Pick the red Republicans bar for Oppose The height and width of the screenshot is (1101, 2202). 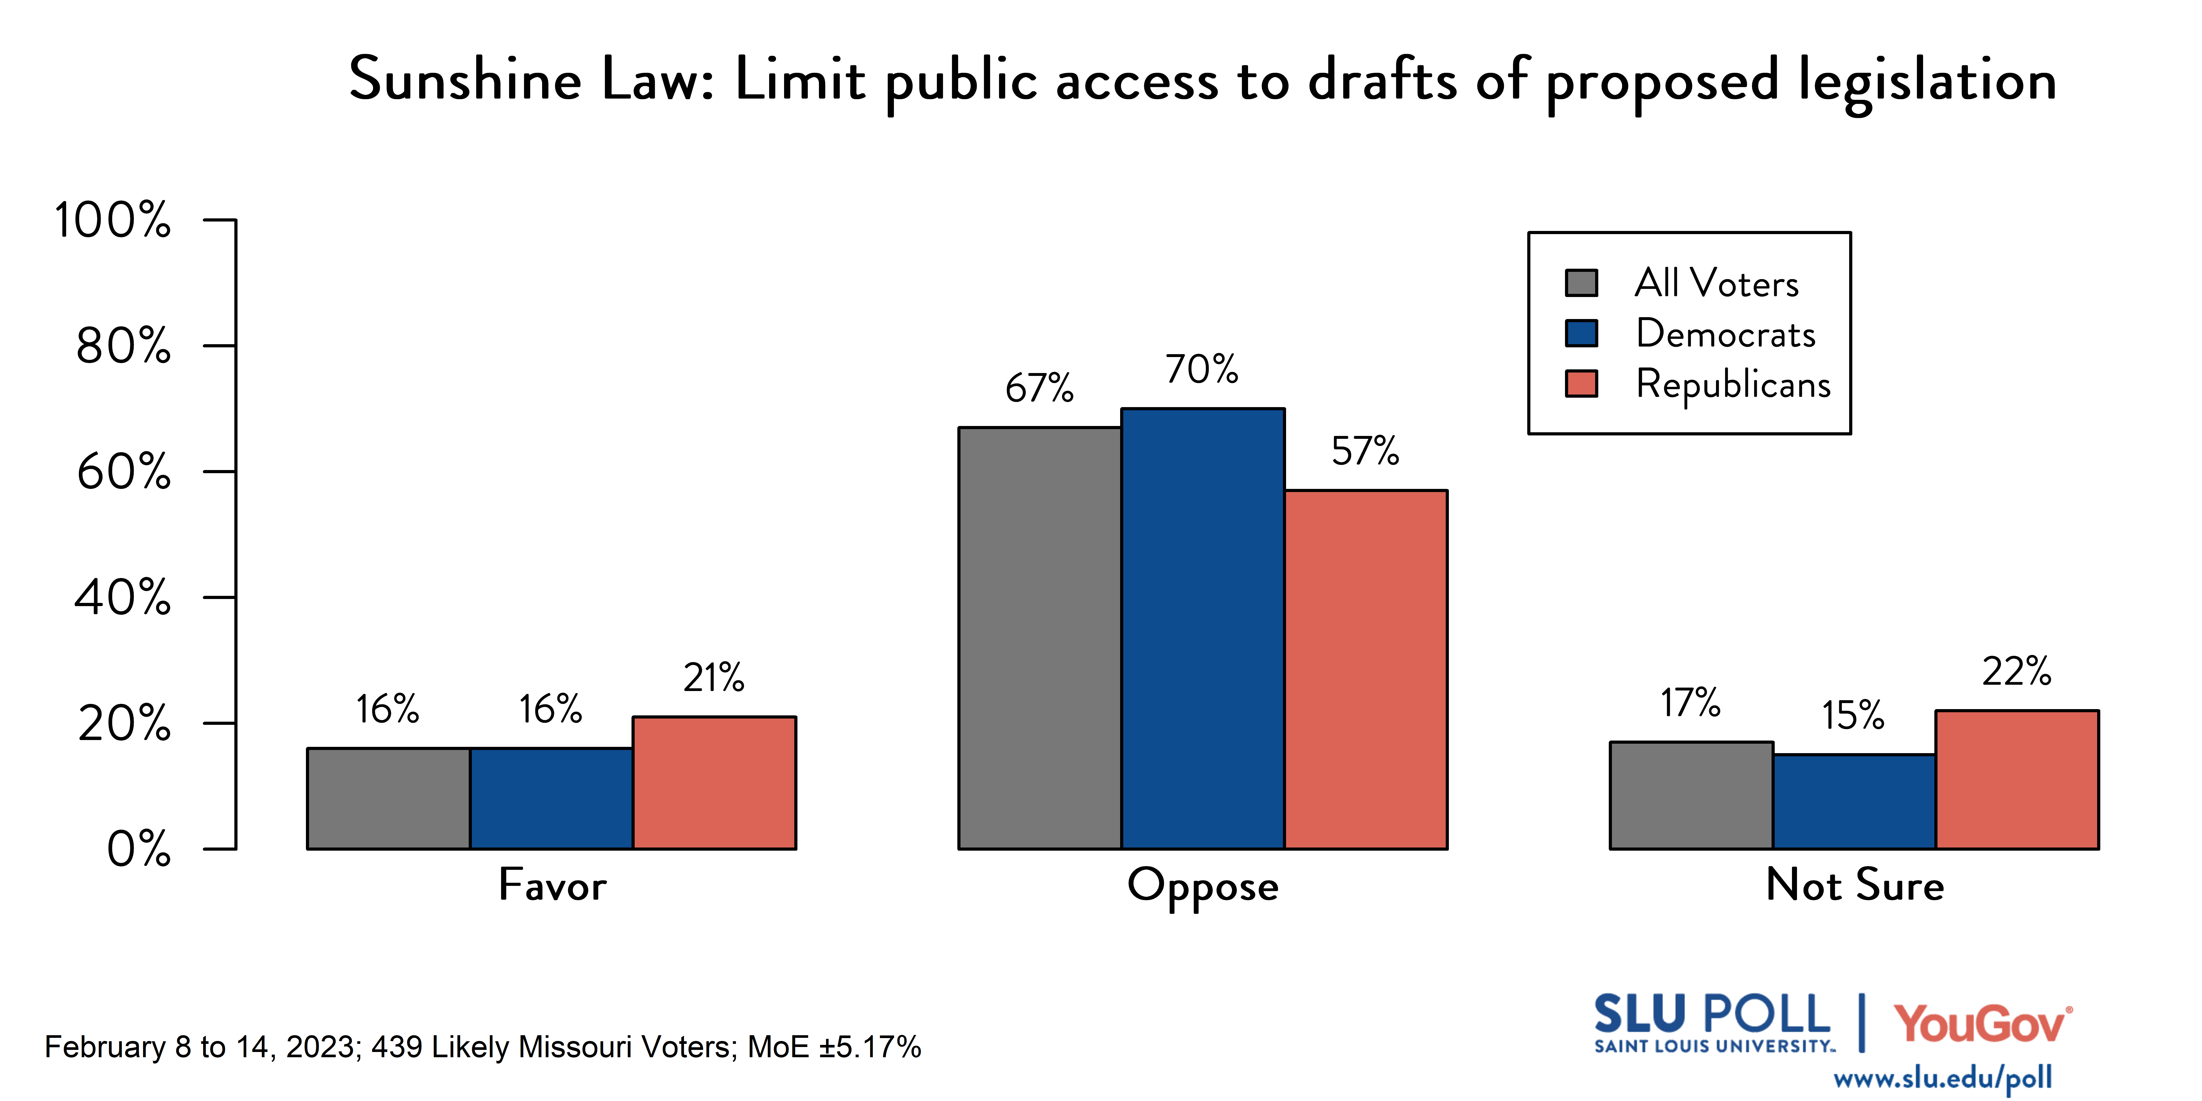tap(1365, 669)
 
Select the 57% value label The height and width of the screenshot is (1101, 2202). tap(1365, 450)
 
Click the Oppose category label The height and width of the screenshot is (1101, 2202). tap(1203, 886)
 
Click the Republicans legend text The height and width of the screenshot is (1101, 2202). tap(1733, 384)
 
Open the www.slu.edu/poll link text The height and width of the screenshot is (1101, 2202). tap(1942, 1078)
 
